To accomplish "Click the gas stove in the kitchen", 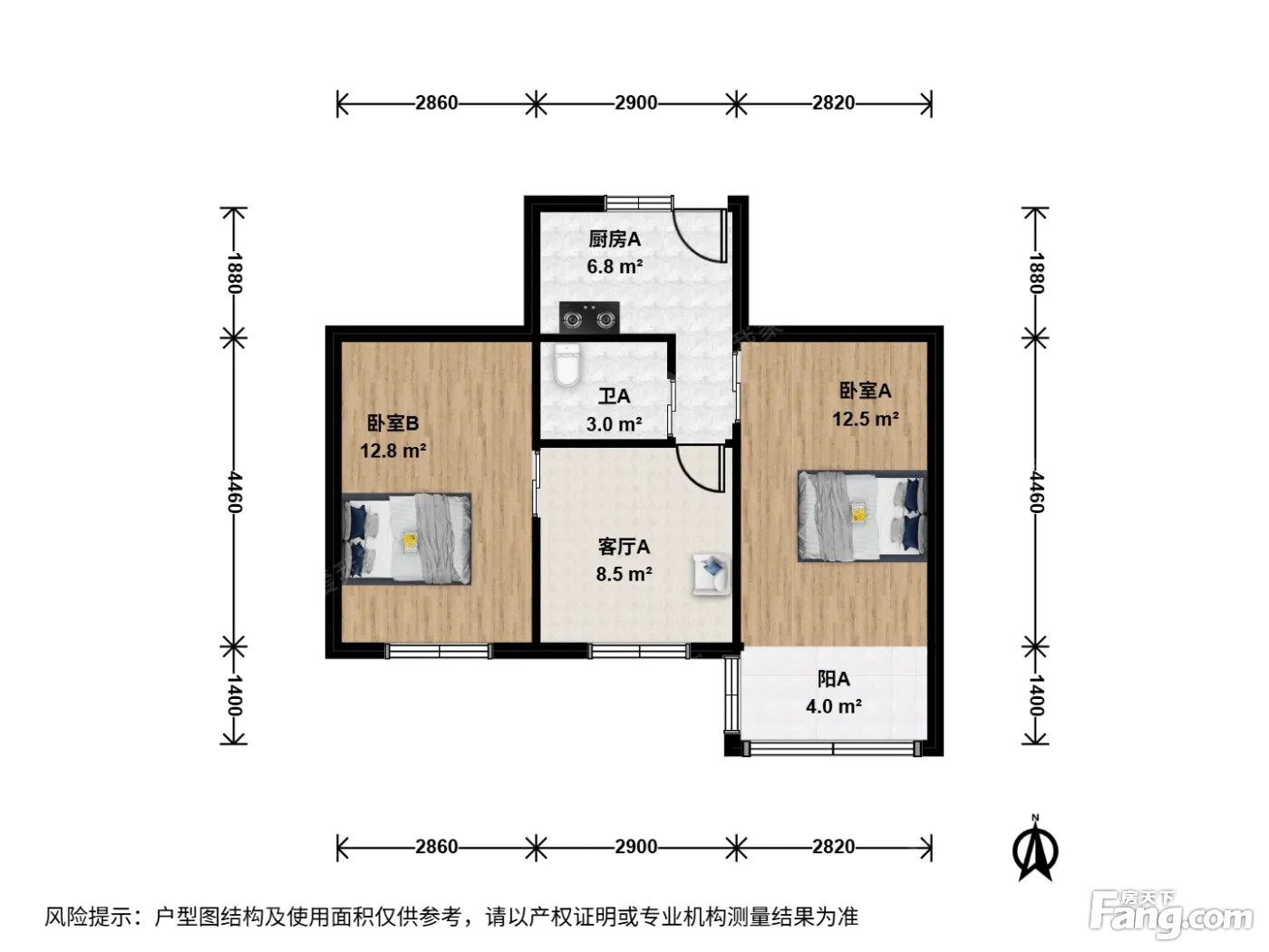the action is (x=589, y=317).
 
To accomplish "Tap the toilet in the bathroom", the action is (x=566, y=364).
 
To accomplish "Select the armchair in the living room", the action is (x=712, y=574).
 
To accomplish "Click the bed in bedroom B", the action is (x=406, y=539).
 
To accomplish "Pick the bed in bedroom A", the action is (x=863, y=516).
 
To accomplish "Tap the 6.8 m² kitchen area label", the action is (x=615, y=267).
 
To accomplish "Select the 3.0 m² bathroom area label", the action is (x=614, y=425).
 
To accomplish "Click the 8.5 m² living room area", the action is (x=624, y=574).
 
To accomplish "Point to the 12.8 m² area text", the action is (x=393, y=451).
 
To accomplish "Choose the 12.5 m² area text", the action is (x=865, y=419).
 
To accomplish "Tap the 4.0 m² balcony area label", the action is (x=834, y=706).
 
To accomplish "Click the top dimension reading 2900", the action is (x=636, y=102).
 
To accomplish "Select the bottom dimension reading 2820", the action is (x=833, y=847).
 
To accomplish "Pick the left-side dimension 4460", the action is (x=234, y=492).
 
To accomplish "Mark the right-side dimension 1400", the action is (x=1035, y=695).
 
